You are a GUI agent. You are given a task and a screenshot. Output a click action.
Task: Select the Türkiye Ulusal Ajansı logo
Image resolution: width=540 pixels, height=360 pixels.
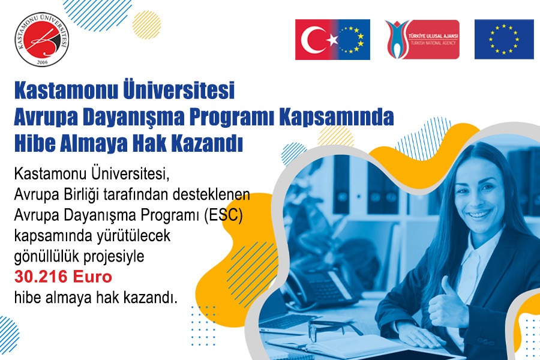422,40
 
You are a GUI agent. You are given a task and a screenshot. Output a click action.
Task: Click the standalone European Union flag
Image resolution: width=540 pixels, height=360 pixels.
503,40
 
